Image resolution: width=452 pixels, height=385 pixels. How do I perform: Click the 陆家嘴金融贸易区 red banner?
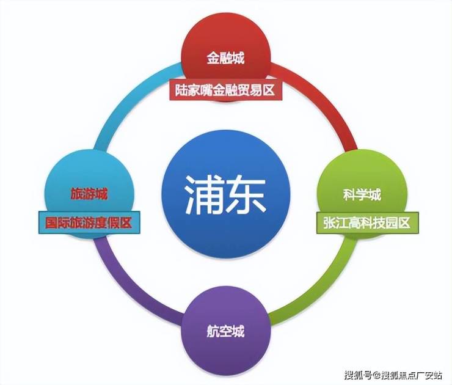point(225,91)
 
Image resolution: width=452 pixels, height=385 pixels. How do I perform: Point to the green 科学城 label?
point(362,195)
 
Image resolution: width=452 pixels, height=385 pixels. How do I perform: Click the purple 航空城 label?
point(225,332)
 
